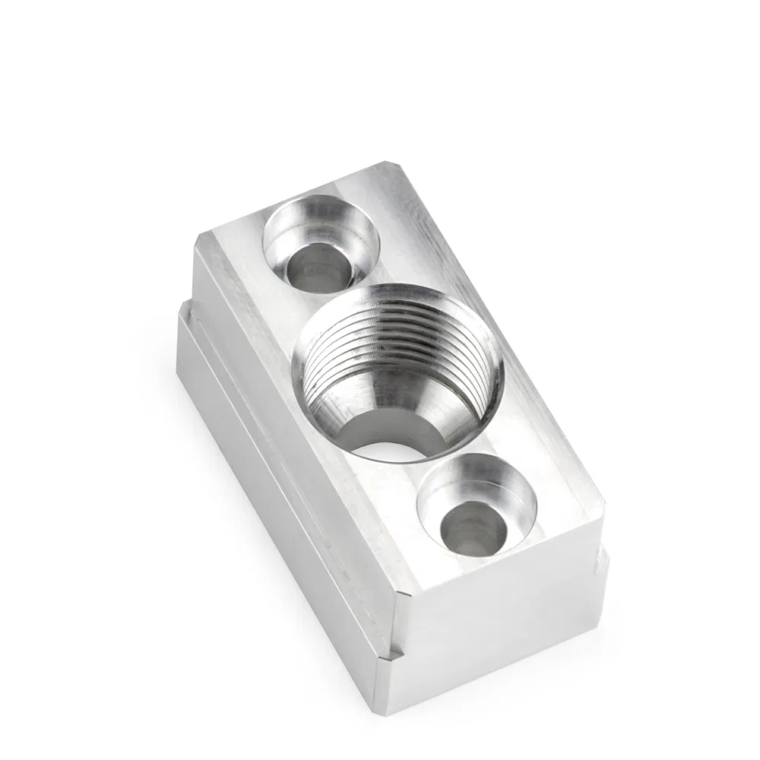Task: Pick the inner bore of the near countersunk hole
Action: (472, 527)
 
